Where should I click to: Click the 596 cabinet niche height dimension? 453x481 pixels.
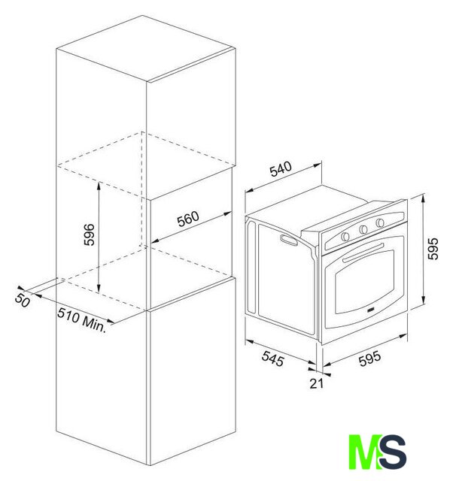[90, 234]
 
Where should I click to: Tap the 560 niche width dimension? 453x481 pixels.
[188, 219]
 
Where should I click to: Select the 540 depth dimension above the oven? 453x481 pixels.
[281, 169]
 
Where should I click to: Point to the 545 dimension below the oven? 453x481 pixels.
[272, 358]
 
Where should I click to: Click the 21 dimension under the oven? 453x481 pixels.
[316, 383]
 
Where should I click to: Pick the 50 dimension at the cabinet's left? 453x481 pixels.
[23, 300]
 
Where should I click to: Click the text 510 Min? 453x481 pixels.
[82, 319]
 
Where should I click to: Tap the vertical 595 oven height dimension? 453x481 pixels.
[433, 249]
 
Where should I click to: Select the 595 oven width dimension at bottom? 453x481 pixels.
[369, 358]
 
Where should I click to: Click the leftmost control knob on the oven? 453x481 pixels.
[345, 236]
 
